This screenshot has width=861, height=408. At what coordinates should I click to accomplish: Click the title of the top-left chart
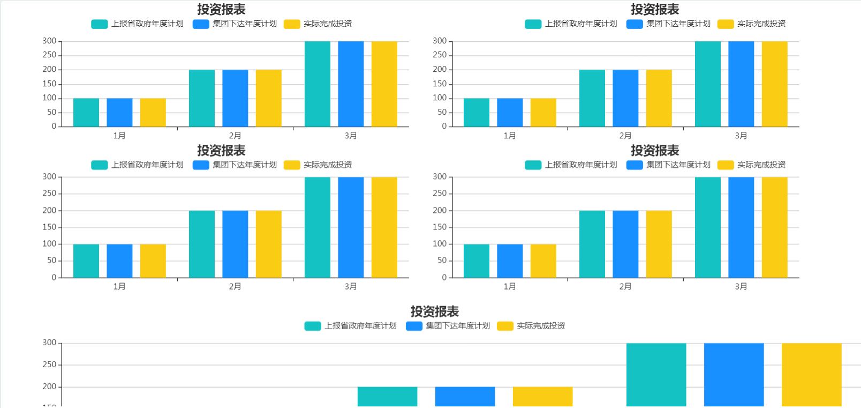(221, 10)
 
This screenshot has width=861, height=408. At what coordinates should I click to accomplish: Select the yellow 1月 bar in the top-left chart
(153, 113)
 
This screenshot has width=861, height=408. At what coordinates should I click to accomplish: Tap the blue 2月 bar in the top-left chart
(235, 98)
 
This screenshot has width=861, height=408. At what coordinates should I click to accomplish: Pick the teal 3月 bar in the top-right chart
(707, 84)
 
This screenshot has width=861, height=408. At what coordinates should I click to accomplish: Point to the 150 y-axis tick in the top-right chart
(440, 84)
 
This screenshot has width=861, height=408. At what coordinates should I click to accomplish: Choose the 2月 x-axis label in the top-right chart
(625, 136)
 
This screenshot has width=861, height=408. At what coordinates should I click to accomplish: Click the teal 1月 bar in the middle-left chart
(86, 261)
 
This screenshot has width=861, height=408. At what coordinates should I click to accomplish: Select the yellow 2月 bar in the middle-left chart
(268, 244)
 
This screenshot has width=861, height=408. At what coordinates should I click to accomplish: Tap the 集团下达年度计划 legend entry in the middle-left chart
(235, 165)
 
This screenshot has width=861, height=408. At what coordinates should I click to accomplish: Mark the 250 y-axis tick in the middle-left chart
(49, 194)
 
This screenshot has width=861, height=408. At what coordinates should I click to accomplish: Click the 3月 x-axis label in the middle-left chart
(351, 287)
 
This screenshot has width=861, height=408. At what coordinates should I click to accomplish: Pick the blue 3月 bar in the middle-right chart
(741, 227)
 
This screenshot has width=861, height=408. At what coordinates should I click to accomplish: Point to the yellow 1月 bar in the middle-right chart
(543, 261)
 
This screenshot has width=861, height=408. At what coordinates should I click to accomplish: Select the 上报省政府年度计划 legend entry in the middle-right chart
(571, 165)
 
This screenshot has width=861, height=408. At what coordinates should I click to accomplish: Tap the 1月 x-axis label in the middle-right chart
(510, 287)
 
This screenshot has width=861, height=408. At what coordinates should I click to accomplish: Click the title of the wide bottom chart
(435, 311)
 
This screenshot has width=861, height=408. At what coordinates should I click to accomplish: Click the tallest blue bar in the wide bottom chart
(734, 375)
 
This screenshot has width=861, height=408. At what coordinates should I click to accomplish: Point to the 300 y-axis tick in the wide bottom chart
(49, 343)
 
